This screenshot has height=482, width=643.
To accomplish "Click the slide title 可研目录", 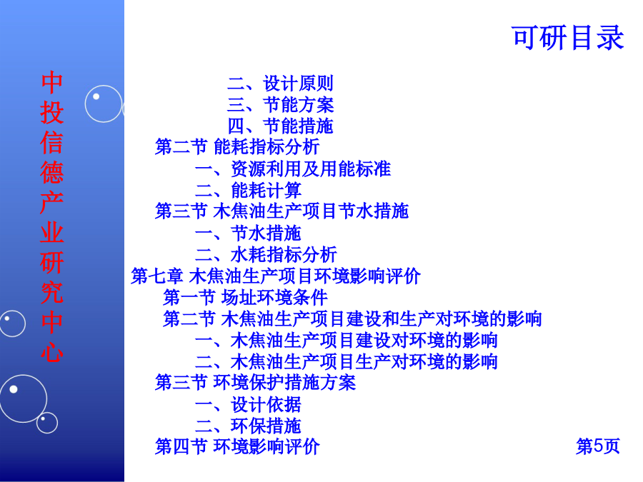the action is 568,38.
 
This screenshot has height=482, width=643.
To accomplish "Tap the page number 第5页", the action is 598,446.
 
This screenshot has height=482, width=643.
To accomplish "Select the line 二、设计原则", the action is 281,84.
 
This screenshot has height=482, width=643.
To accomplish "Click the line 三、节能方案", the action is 281,104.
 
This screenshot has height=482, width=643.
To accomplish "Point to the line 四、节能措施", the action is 281,126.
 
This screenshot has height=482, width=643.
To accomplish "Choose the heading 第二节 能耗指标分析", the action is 237,146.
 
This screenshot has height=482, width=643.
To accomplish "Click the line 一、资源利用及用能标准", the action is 293,169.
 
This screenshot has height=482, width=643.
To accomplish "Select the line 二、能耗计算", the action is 248,190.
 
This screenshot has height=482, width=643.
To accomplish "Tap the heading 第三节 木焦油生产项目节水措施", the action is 281,211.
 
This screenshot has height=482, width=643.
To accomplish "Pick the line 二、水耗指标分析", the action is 266,254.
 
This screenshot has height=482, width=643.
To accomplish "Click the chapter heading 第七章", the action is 156,276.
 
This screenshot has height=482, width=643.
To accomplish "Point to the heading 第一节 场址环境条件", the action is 245,297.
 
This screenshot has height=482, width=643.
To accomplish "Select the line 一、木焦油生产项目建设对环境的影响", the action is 346,340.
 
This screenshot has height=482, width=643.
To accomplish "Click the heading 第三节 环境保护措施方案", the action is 255,383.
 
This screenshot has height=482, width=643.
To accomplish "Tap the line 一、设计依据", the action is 248,405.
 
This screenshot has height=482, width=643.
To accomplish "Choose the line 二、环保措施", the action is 248,426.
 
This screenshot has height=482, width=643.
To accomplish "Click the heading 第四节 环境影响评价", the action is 237,446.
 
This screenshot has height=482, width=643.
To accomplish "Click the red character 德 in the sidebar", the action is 52,173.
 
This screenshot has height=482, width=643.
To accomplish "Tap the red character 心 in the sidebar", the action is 52,352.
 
